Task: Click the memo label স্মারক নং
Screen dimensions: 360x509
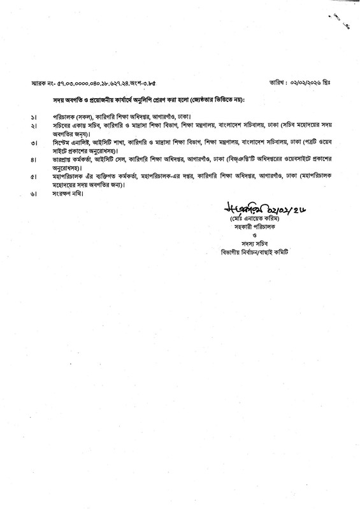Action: pyautogui.click(x=43, y=83)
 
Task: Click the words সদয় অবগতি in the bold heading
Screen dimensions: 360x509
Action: pyautogui.click(x=59, y=100)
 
